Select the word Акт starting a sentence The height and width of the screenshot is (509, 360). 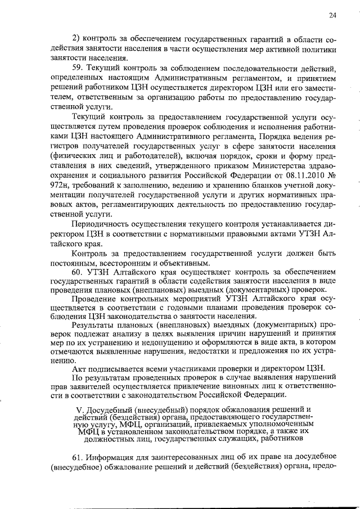tap(80, 368)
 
